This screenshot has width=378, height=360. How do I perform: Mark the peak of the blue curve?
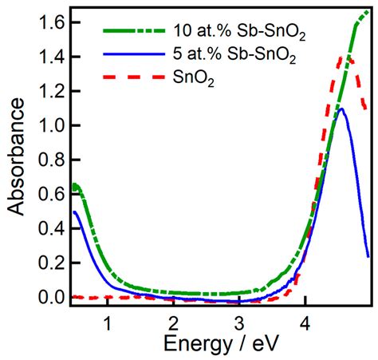(x=342, y=109)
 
